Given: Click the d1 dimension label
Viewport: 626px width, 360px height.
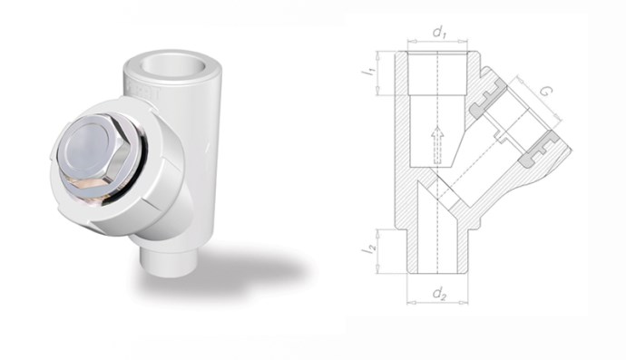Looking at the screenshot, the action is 439,33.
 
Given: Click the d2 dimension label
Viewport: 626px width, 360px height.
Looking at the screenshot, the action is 439,294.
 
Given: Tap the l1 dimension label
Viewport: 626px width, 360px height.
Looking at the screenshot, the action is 368,72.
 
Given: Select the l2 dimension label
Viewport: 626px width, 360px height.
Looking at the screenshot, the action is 369,249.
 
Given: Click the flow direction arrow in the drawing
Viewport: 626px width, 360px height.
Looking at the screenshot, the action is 438,144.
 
